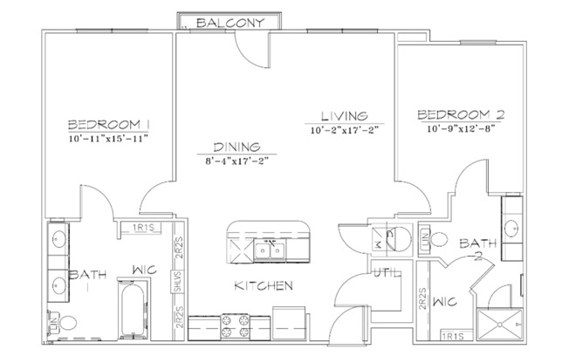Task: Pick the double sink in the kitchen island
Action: click(271, 251)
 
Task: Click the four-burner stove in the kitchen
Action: click(237, 326)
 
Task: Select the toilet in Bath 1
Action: click(66, 322)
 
